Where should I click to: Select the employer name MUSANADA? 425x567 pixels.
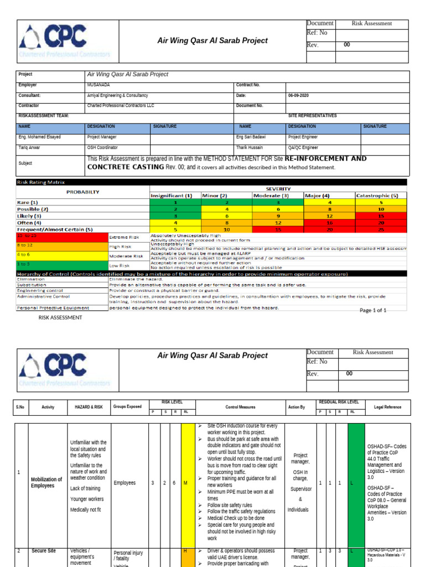click(97, 85)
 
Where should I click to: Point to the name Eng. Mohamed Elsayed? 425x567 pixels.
click(39, 137)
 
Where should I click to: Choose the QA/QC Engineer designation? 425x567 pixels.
click(303, 148)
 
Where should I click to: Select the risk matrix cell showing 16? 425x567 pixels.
click(330, 222)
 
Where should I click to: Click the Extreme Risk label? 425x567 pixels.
click(125, 236)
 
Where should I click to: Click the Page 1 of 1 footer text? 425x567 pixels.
click(373, 311)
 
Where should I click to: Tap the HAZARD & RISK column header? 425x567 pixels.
click(89, 407)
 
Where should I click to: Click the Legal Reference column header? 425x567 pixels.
click(387, 407)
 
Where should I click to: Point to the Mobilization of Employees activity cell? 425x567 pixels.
click(46, 483)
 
